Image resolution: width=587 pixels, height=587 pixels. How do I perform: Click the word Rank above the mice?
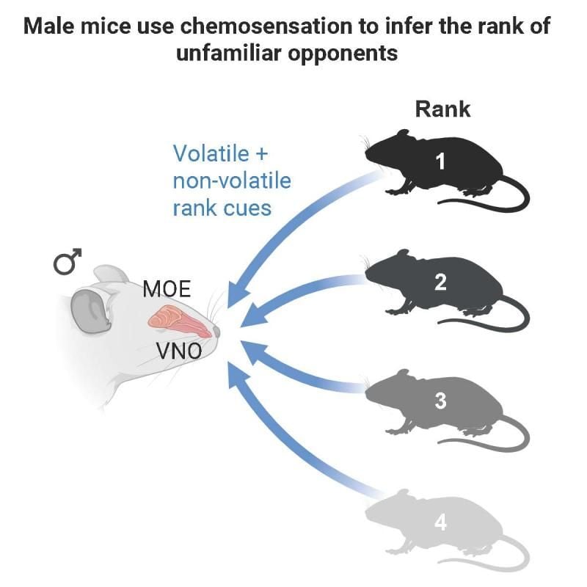point(442,110)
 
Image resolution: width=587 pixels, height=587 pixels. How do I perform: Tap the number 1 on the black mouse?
point(440,161)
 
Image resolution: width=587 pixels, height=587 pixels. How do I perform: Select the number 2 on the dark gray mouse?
point(440,282)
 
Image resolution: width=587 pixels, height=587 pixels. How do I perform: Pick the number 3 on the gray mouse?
point(440,401)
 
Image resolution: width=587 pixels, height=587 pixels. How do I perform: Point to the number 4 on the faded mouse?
point(440,522)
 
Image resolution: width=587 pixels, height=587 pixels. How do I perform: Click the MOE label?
point(167,289)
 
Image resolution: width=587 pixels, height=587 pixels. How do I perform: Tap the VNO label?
point(179,351)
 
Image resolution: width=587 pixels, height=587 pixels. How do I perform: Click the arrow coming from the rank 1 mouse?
point(293,220)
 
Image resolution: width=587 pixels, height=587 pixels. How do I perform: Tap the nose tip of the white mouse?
point(218,334)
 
